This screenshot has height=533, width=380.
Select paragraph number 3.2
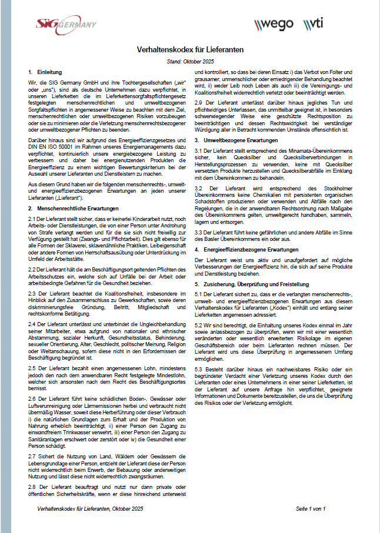tap(199, 186)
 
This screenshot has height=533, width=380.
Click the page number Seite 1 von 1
tap(310, 507)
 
